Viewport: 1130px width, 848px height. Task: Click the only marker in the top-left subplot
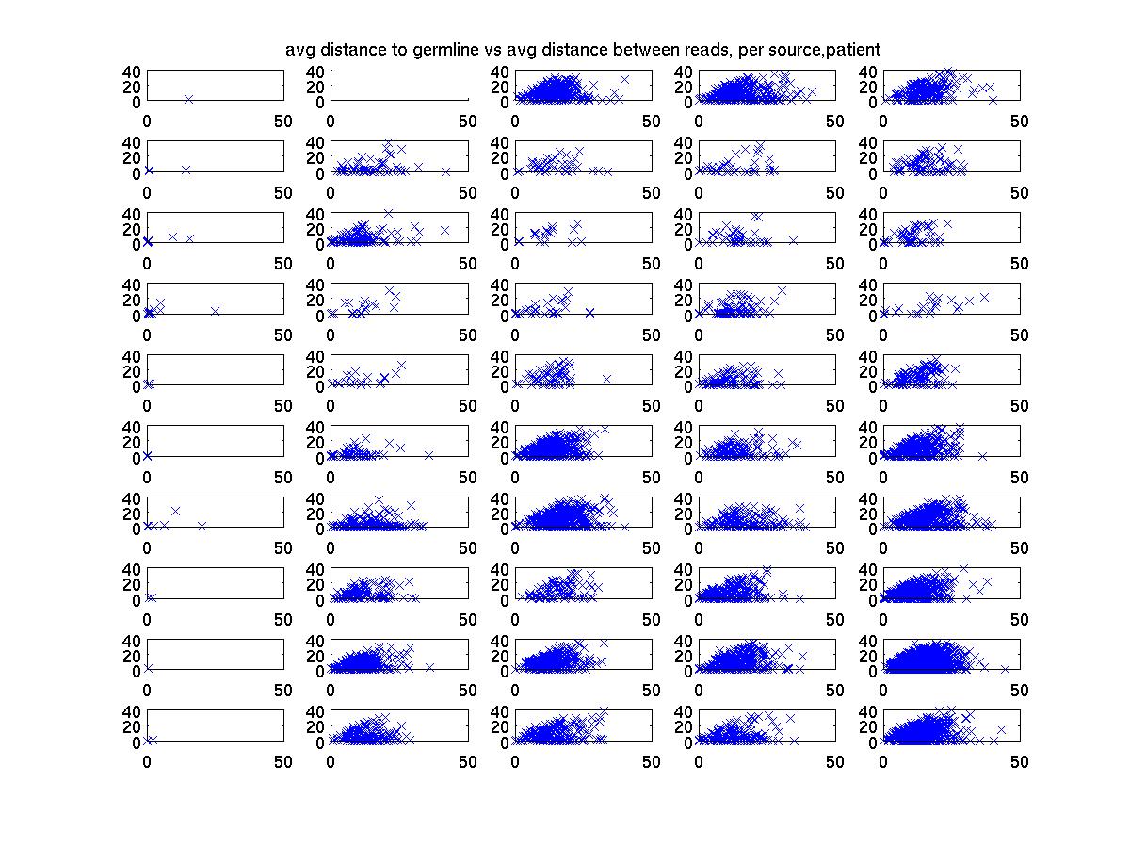tap(188, 99)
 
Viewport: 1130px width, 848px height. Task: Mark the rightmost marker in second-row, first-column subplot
tap(186, 170)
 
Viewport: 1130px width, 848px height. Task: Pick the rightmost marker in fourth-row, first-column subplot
tap(215, 311)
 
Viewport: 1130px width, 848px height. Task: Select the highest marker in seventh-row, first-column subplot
tap(175, 511)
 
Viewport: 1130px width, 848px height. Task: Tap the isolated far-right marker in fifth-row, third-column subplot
tap(607, 379)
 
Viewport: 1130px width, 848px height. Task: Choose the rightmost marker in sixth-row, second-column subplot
tap(428, 455)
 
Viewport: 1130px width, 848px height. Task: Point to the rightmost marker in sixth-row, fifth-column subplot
tap(982, 456)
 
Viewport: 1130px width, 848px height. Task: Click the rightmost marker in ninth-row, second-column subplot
tap(429, 667)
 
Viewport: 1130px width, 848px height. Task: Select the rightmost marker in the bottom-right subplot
tap(1001, 729)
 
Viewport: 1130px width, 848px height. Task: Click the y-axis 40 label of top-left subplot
tap(131, 72)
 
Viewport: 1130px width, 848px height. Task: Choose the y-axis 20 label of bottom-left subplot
tap(131, 726)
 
